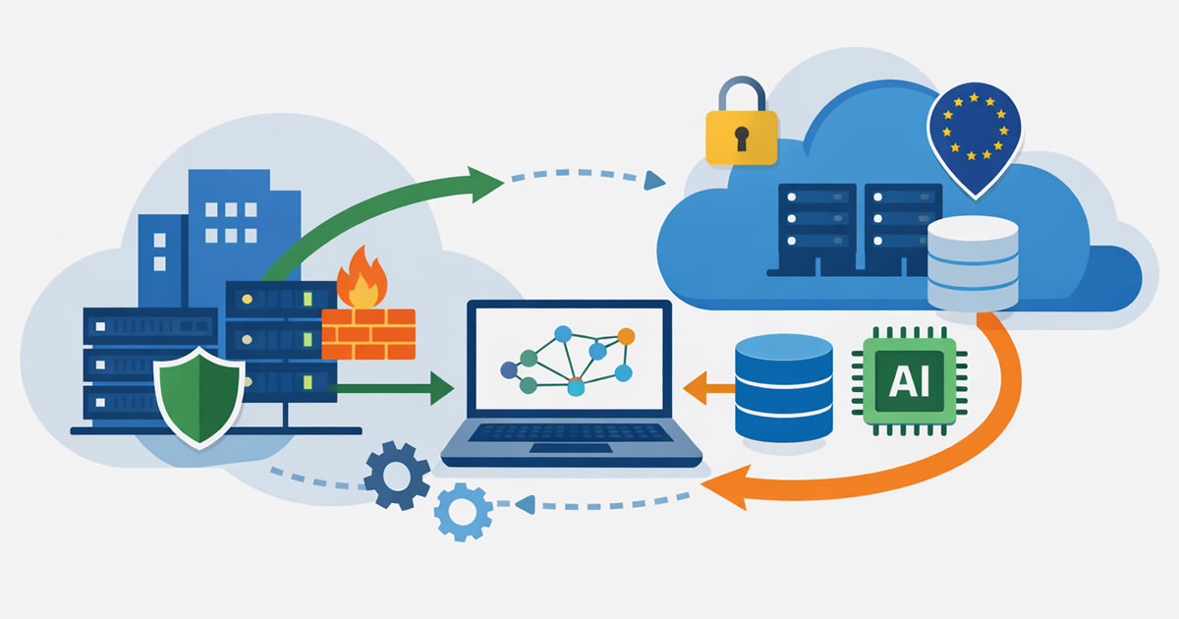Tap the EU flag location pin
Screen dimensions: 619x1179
click(x=974, y=133)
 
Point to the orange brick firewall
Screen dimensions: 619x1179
click(x=368, y=334)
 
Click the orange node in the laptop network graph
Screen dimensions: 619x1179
click(x=626, y=337)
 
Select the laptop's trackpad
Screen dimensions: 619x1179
click(x=571, y=448)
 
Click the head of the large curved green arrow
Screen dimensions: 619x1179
click(x=484, y=184)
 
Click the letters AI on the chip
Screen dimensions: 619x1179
click(x=909, y=381)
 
